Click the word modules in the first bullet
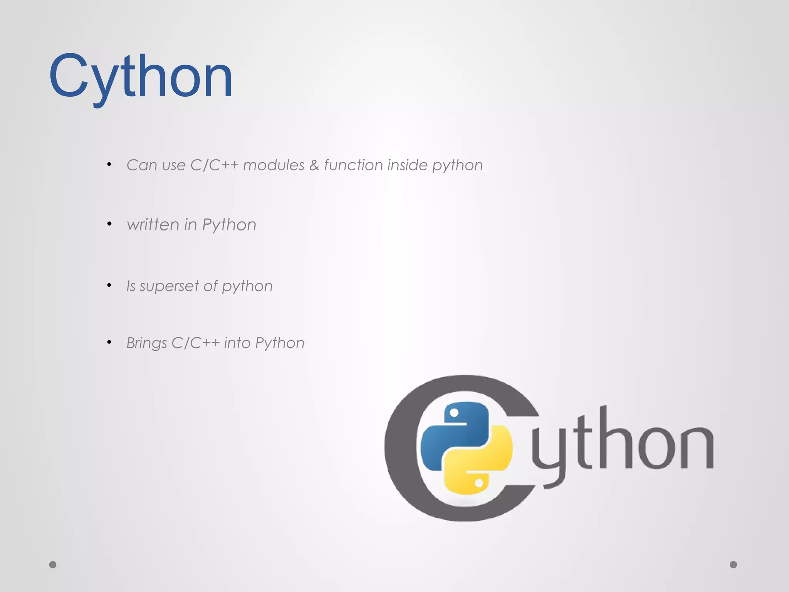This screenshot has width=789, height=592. pyautogui.click(x=274, y=165)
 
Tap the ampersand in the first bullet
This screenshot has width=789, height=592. pyautogui.click(x=314, y=165)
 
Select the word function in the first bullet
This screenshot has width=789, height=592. pyautogui.click(x=353, y=165)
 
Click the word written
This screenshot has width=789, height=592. pyautogui.click(x=153, y=225)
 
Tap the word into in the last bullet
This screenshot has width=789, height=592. pyautogui.click(x=237, y=343)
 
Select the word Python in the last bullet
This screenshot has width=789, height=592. pyautogui.click(x=280, y=343)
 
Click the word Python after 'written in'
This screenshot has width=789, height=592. pyautogui.click(x=229, y=225)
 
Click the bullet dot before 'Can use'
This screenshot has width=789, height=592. pyautogui.click(x=109, y=165)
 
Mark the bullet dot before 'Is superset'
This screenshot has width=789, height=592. pyautogui.click(x=109, y=285)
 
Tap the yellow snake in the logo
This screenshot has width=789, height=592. pyautogui.click(x=482, y=462)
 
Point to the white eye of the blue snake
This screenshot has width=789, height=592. pyautogui.click(x=454, y=413)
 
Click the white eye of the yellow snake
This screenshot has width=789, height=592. pyautogui.click(x=479, y=483)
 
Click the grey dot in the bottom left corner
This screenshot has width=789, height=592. pyautogui.click(x=53, y=565)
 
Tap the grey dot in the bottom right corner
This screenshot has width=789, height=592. pyautogui.click(x=734, y=565)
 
